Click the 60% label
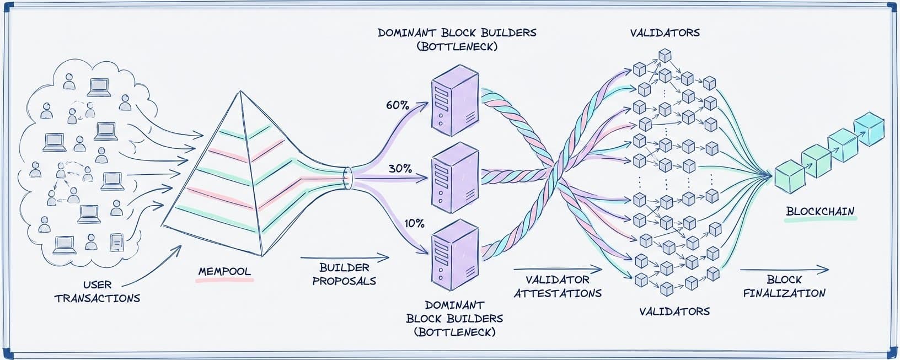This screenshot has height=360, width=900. [397, 105]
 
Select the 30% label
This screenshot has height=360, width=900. [400, 169]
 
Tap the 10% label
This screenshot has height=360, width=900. [414, 223]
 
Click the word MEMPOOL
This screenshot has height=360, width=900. [224, 272]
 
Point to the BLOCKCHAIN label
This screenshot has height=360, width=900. [820, 212]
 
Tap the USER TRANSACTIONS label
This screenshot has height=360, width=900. [97, 292]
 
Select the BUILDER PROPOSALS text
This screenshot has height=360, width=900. [344, 274]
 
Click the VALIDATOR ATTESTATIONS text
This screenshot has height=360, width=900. [558, 287]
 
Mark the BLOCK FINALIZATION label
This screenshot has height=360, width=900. [784, 287]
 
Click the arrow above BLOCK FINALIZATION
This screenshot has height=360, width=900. [784, 270]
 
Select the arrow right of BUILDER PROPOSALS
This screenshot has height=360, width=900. [345, 257]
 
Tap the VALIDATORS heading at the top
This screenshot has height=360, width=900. [665, 33]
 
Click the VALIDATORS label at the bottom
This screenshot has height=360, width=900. [674, 311]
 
